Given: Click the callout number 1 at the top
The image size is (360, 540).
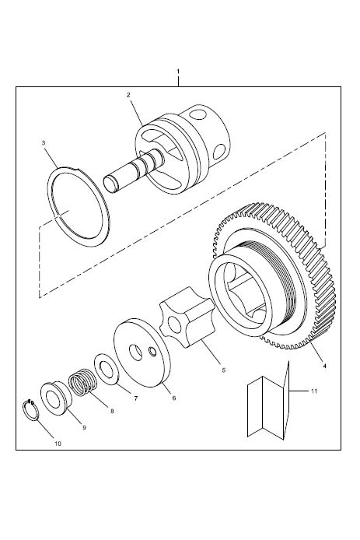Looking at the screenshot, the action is [178, 71].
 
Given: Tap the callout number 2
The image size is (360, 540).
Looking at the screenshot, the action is [128, 95].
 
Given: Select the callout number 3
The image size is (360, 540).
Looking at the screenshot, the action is [44, 142].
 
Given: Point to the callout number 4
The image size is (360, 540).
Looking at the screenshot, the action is [324, 366].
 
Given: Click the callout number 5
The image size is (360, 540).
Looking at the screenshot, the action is [223, 370].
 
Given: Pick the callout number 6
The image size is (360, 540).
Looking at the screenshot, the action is [174, 398].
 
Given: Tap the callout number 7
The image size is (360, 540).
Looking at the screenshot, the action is [135, 398].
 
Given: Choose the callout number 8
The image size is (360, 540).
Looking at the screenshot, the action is [112, 411].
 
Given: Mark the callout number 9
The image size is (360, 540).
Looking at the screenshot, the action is [84, 427].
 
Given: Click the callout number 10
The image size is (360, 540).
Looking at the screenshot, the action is [58, 444].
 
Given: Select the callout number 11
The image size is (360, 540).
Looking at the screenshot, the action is [314, 391].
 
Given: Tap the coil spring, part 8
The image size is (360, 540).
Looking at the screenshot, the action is [82, 381].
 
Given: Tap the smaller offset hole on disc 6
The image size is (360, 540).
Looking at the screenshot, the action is [152, 351].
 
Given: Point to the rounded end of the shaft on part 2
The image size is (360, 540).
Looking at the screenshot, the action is [110, 181].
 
